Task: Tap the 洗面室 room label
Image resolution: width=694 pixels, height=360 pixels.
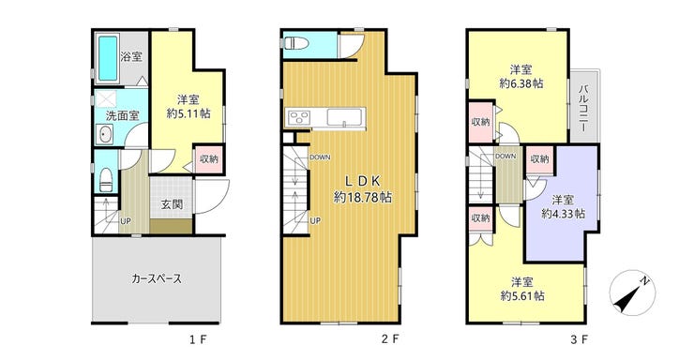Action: (x=122, y=116)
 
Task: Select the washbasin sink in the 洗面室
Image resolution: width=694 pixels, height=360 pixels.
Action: (x=105, y=134)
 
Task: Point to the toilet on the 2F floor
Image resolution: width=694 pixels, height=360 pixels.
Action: (x=293, y=43)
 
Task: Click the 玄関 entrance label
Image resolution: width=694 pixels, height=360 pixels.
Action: (x=172, y=204)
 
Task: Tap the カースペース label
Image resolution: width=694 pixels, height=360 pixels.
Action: (x=157, y=278)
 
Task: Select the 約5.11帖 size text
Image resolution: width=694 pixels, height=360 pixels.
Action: (x=189, y=113)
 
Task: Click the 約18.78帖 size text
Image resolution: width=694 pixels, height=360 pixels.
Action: (x=363, y=197)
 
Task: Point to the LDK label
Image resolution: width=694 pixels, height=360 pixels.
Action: (x=363, y=181)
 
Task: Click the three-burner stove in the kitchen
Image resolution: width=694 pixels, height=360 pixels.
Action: (x=299, y=118)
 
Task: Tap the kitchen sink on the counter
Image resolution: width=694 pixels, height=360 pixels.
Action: (x=345, y=117)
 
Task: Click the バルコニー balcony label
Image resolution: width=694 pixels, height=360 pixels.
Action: (x=583, y=108)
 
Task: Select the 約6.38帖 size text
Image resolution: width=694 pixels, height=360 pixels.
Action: (x=520, y=83)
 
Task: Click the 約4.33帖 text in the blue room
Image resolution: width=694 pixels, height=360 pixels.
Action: (x=564, y=214)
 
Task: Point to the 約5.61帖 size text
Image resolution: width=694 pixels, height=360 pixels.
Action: (x=522, y=296)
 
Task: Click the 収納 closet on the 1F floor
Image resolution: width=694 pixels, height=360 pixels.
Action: (x=209, y=158)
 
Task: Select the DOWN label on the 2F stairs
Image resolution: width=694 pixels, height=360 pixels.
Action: (x=320, y=157)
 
